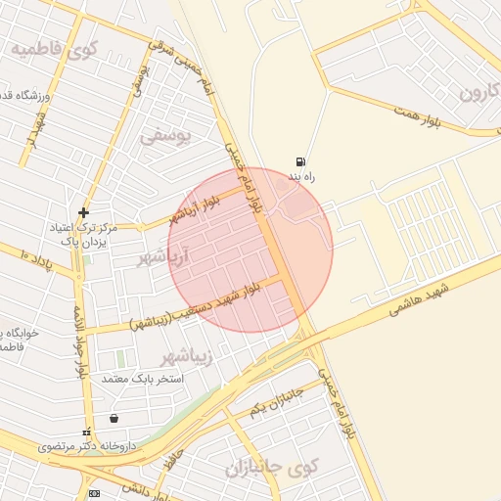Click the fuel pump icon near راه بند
coord(299,161)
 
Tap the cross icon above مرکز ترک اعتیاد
coord(84,212)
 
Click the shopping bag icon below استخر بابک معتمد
coord(115,419)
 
